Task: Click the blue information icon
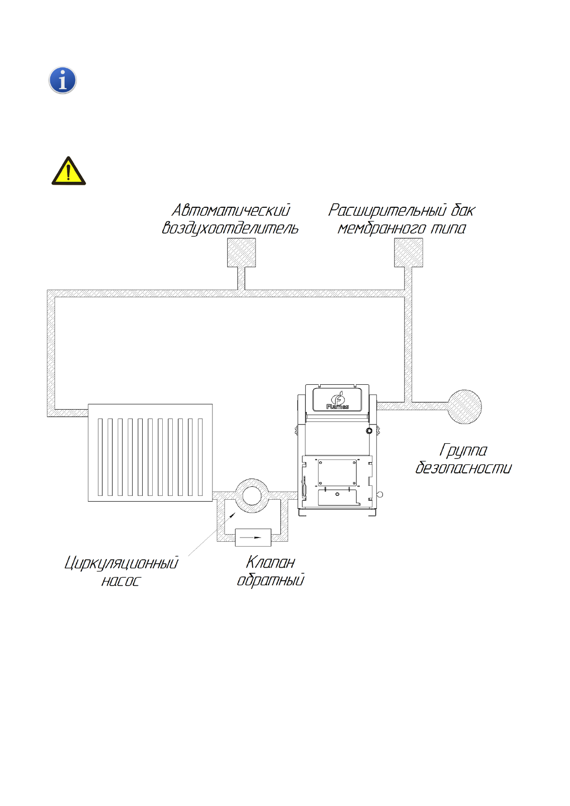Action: click(x=63, y=80)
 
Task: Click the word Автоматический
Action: click(x=231, y=210)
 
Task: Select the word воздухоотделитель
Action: click(x=230, y=228)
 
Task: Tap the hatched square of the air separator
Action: click(x=241, y=252)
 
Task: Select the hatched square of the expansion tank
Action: click(x=408, y=252)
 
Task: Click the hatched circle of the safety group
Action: click(x=464, y=406)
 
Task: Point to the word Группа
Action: click(x=463, y=450)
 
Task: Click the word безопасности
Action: click(x=463, y=468)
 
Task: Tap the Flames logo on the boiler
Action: click(x=337, y=401)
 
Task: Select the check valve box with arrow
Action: click(x=253, y=537)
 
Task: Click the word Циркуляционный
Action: click(x=122, y=563)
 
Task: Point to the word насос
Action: click(x=121, y=581)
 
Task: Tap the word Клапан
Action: click(x=270, y=562)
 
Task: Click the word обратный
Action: click(x=270, y=580)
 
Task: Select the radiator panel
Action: click(x=150, y=453)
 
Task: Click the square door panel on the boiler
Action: click(x=337, y=472)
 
